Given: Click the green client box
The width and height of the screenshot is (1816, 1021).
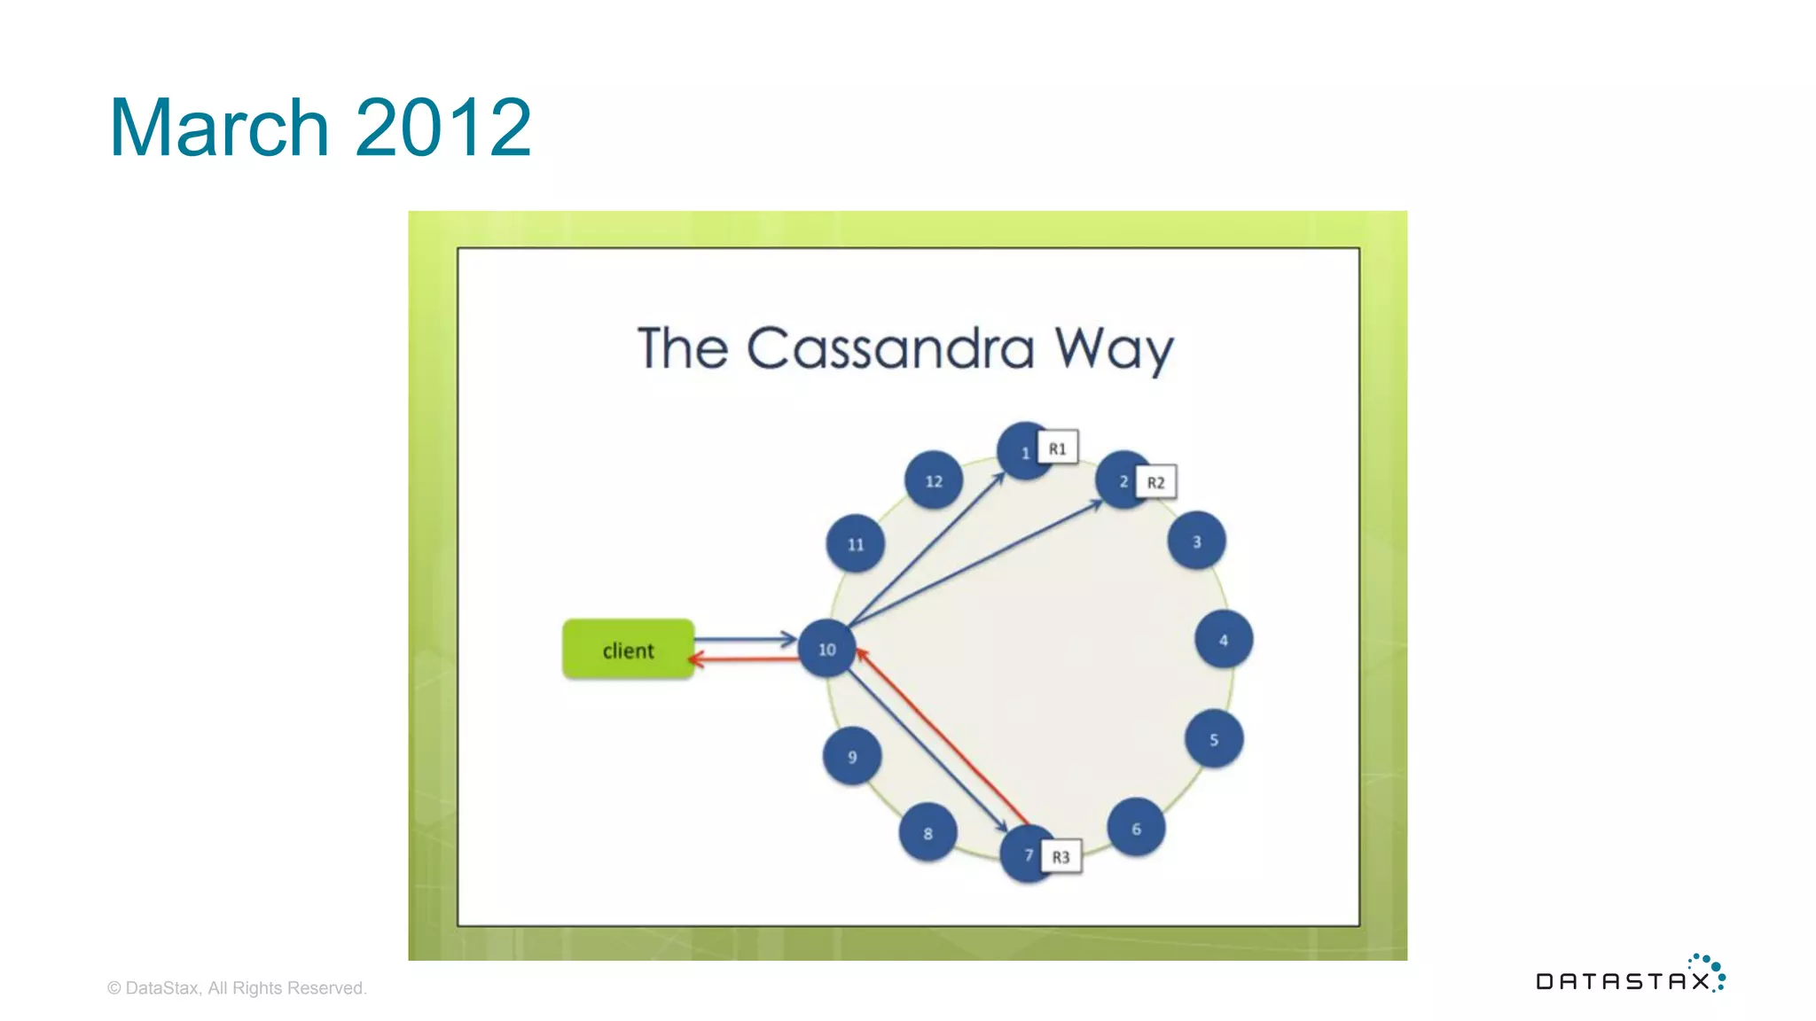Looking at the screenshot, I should pyautogui.click(x=628, y=650).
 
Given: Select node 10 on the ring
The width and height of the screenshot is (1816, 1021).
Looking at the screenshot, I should pyautogui.click(x=826, y=649).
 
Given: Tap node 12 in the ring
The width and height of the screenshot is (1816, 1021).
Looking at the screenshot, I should pyautogui.click(x=933, y=480).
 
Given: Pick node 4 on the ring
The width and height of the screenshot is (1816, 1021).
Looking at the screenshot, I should pyautogui.click(x=1223, y=639).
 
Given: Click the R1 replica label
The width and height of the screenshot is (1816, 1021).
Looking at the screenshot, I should pyautogui.click(x=1057, y=448).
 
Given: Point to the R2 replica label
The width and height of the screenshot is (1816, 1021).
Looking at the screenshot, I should pyautogui.click(x=1155, y=482).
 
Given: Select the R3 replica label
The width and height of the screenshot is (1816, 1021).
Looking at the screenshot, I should pyautogui.click(x=1061, y=856).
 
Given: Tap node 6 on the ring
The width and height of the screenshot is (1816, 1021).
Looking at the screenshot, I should pyautogui.click(x=1136, y=828).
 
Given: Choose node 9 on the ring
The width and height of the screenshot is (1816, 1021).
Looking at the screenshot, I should pyautogui.click(x=851, y=756).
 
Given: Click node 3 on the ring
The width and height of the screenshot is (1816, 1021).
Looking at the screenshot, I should pyautogui.click(x=1196, y=541).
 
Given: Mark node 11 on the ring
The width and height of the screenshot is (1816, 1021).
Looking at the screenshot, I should pyautogui.click(x=855, y=543).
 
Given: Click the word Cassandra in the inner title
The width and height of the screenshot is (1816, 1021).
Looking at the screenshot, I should pyautogui.click(x=890, y=348).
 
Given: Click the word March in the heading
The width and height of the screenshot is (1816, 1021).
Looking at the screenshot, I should pyautogui.click(x=219, y=128).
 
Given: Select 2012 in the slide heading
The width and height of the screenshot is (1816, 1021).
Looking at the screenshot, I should pyautogui.click(x=443, y=128).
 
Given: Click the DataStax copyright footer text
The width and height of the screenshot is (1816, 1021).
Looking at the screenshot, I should pyautogui.click(x=237, y=987).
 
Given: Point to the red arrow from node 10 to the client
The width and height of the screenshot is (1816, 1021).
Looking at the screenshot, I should pyautogui.click(x=745, y=659).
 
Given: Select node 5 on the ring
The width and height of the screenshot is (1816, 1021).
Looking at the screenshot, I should pyautogui.click(x=1214, y=738).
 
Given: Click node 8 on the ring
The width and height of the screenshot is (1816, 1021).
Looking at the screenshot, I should pyautogui.click(x=928, y=832).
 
